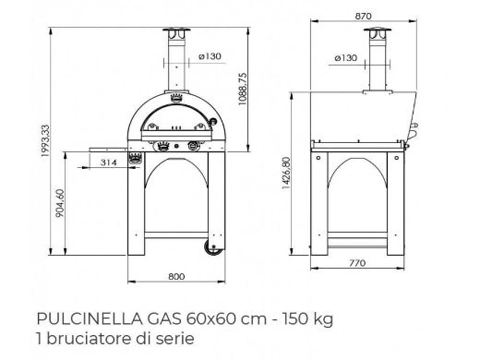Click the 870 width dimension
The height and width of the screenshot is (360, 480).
363,16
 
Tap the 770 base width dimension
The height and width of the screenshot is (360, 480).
357,263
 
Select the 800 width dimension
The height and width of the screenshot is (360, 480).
176,277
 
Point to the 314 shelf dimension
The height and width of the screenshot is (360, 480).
109,162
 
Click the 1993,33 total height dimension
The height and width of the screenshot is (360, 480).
45,140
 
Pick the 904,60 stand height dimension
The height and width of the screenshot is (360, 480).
60,203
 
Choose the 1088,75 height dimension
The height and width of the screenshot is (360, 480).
243,89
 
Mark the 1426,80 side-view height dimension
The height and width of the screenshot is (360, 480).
286,173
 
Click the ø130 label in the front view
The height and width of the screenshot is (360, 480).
210,56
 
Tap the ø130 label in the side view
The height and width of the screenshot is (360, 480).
345,57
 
